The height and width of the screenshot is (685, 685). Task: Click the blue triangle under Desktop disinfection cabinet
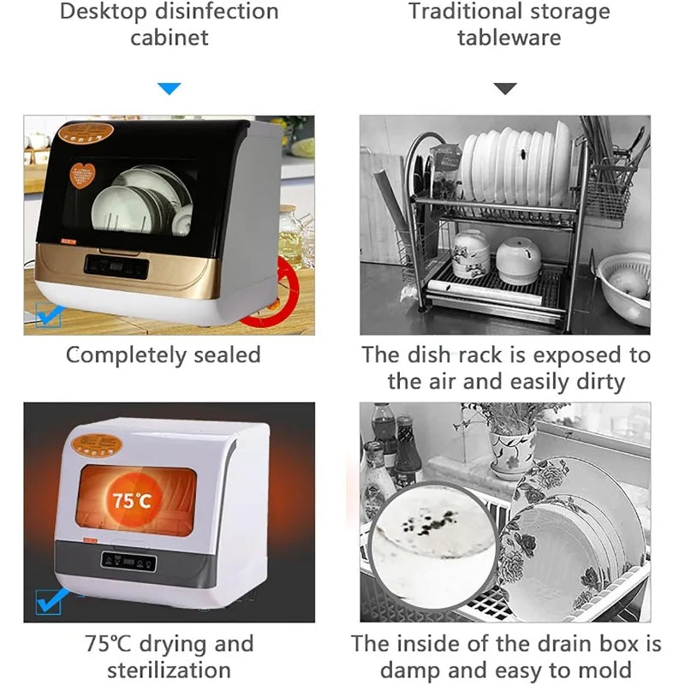pos(170,88)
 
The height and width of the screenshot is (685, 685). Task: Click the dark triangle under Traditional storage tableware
pos(506,88)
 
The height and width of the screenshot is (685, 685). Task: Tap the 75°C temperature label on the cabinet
pos(130,500)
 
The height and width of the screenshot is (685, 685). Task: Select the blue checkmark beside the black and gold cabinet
pos(48,316)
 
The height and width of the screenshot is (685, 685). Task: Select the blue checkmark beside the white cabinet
pos(49,600)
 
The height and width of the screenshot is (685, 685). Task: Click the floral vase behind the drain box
pos(511,444)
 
